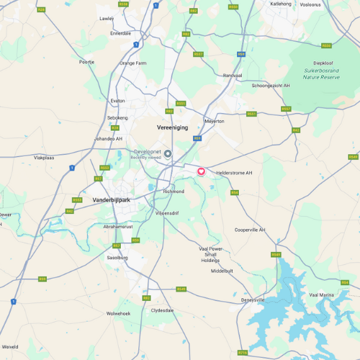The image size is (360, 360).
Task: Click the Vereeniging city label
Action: (172, 127)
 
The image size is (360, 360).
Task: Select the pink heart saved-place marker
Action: (202, 171)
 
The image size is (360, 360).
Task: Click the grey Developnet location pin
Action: (168, 153)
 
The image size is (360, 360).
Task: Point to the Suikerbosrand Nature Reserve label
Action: (322, 70)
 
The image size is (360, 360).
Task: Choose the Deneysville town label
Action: (253, 300)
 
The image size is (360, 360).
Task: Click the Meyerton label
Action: (215, 121)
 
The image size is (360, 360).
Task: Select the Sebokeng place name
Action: (117, 117)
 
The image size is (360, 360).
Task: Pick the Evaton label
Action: (117, 101)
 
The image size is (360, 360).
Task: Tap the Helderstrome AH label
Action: (235, 173)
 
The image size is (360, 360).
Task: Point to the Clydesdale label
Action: (162, 310)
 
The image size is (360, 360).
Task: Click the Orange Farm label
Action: (133, 63)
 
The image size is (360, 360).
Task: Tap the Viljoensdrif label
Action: (167, 213)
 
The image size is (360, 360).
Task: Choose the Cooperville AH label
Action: (250, 230)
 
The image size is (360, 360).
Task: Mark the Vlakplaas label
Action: (44, 157)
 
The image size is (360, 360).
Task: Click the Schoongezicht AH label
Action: (271, 86)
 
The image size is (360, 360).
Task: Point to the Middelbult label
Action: (222, 271)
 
